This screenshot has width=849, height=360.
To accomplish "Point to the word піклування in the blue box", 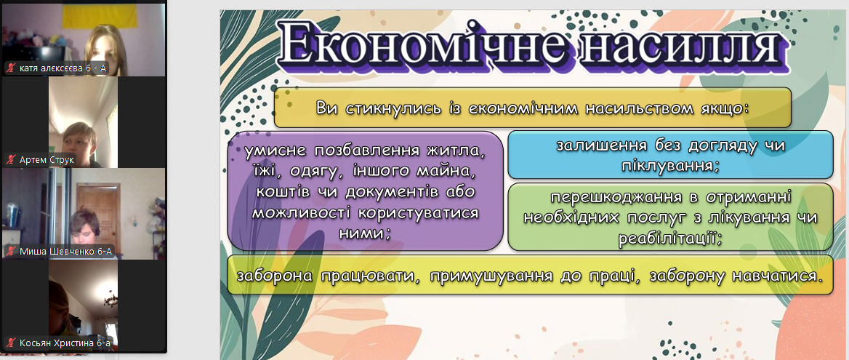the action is tap(669, 166).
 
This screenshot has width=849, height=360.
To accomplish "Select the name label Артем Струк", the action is tap(47, 160).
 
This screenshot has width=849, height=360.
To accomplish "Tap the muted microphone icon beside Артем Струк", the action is tap(11, 160).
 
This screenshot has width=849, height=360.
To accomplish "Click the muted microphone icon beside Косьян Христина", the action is tap(11, 343).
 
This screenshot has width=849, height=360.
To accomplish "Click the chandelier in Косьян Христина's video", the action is tap(111, 297).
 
